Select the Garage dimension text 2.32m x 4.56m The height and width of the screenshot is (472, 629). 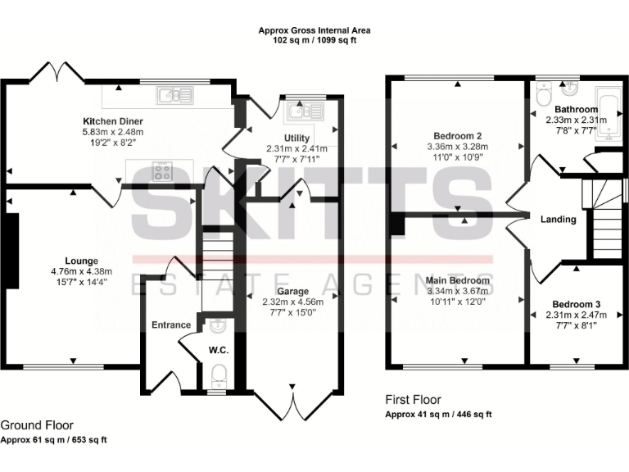pos(293,301)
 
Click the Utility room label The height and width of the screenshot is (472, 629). pos(296,138)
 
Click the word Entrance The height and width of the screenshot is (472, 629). pos(171,324)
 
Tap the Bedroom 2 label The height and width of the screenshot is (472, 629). pos(456,136)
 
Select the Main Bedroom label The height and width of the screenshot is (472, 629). pos(458,280)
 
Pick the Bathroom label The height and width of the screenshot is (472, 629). pos(576,109)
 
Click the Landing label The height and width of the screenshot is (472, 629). pos(558,219)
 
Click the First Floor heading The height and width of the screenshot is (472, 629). pos(413,400)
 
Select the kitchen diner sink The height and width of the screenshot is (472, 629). pos(177,96)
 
